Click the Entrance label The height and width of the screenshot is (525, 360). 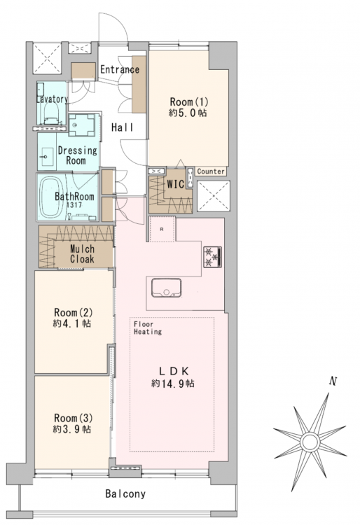(x=120, y=69)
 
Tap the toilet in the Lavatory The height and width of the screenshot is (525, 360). (x=51, y=113)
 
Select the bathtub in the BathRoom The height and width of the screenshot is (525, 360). (x=53, y=197)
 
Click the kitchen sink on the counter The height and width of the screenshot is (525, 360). (x=167, y=288)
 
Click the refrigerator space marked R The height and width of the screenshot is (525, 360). (x=162, y=230)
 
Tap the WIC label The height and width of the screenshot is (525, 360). (x=176, y=184)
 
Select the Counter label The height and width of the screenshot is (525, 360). (x=211, y=171)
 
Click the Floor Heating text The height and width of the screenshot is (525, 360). (x=148, y=328)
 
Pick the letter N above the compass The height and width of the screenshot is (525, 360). (x=333, y=381)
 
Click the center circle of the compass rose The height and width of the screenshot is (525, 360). (x=310, y=442)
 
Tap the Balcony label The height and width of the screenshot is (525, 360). (x=125, y=493)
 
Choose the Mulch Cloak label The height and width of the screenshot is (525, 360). (x=82, y=254)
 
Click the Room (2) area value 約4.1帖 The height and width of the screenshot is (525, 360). (x=72, y=323)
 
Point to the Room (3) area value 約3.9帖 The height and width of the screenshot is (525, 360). (x=72, y=429)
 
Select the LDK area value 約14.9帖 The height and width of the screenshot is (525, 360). (x=172, y=384)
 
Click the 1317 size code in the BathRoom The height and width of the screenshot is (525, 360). (x=74, y=205)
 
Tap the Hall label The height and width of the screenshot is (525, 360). (x=123, y=127)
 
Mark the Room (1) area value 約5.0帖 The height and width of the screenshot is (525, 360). (x=188, y=113)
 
